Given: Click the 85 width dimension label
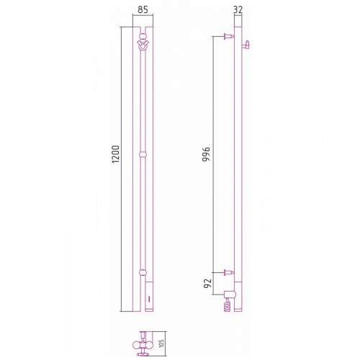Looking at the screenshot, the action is click(143, 9).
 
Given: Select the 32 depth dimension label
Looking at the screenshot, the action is click(238, 9).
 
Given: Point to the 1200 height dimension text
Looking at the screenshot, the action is click(115, 154).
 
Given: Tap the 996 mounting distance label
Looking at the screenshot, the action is click(206, 154).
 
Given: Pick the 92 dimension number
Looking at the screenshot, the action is click(207, 283).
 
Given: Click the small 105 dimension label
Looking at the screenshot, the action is click(161, 343).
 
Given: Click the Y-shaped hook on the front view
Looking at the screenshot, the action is click(143, 45).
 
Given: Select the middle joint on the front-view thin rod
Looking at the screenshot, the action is click(143, 154).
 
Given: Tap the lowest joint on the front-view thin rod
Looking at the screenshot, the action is click(143, 272).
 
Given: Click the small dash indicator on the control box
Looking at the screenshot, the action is click(149, 299).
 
